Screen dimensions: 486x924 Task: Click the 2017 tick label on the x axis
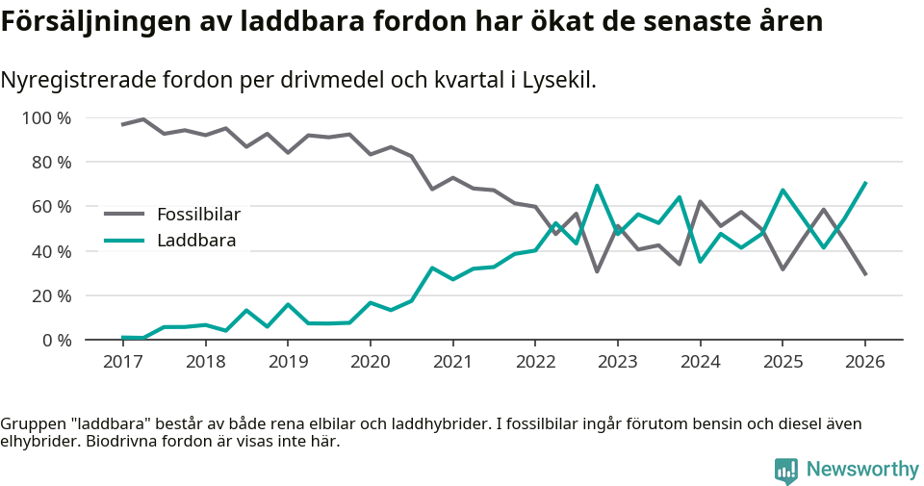[122, 362]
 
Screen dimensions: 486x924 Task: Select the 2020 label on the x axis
[370, 362]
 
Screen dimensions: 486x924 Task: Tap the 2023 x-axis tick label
[617, 362]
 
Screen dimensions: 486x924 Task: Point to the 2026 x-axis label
[864, 362]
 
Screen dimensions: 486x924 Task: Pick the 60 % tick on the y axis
[52, 207]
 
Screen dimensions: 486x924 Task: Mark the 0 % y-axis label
[56, 340]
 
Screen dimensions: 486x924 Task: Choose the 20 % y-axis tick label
[52, 295]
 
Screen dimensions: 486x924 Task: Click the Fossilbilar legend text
[198, 214]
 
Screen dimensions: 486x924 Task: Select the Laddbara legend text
[196, 240]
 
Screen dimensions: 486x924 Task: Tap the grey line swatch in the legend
[124, 214]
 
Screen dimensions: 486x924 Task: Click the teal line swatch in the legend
[124, 240]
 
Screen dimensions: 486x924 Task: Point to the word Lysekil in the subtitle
[559, 80]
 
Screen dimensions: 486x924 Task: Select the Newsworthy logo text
[862, 470]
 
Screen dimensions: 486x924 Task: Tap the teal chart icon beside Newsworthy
[786, 470]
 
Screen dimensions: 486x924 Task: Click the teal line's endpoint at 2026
[865, 183]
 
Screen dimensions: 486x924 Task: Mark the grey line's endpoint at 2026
[865, 274]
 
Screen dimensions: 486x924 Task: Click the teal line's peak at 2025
[783, 191]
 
